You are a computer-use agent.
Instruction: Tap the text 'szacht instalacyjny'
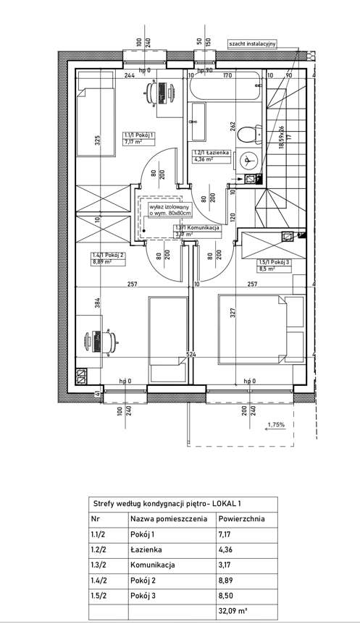[x=253, y=43]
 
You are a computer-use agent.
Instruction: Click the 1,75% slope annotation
[x=276, y=425]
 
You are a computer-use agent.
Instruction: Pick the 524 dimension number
[x=191, y=355]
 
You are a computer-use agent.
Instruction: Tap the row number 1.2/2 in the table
[x=101, y=549]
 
